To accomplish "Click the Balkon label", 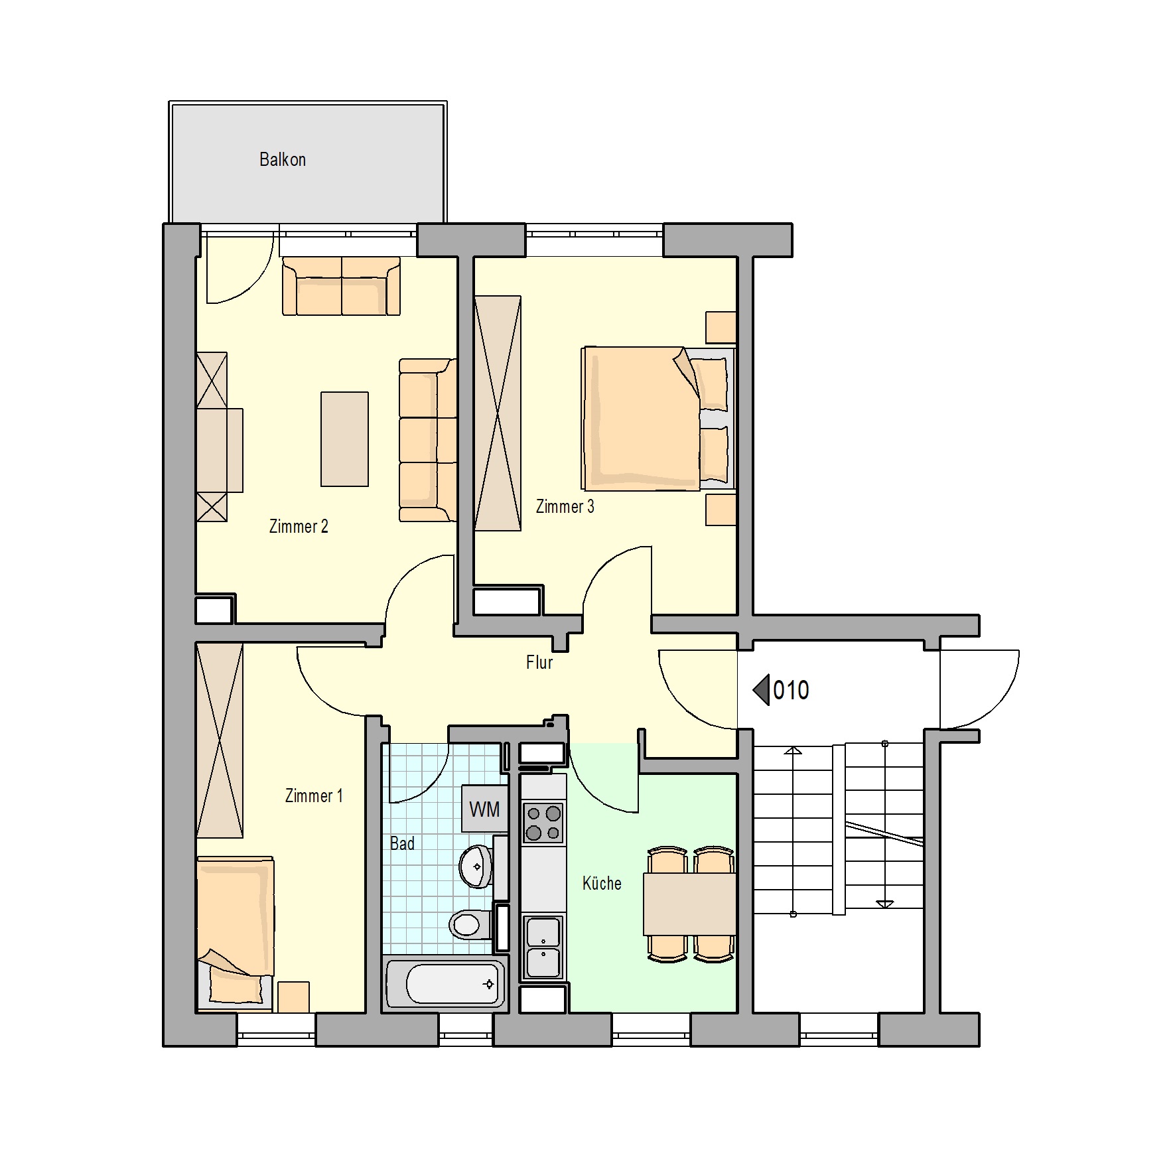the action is [283, 159].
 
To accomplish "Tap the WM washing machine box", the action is [485, 809].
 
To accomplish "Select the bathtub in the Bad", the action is [444, 984].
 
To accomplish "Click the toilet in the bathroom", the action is [470, 924].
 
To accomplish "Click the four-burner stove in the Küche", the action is [543, 823].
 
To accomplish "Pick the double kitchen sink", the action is [543, 947].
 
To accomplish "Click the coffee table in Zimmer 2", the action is [344, 439].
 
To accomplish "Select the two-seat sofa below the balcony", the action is [341, 286].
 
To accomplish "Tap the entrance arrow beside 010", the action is [761, 690].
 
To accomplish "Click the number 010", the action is [791, 690].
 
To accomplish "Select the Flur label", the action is [539, 662].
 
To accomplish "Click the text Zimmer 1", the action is [314, 795].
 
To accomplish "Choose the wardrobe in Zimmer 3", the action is [498, 413].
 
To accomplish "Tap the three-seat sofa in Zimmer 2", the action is [428, 440].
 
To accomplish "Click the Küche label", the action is [602, 883].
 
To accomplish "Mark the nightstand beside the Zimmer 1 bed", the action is [293, 997].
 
